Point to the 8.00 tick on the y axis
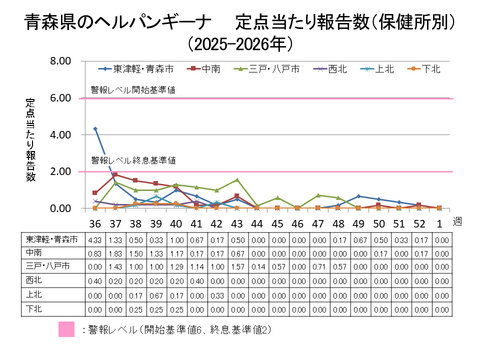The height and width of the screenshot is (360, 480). [55, 61]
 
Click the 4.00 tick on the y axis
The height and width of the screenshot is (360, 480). [55, 135]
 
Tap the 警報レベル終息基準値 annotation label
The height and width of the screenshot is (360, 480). [134, 160]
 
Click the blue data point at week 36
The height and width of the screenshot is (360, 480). [95, 128]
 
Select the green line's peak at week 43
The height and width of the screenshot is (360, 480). [237, 180]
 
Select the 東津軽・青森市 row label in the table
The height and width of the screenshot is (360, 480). [50, 241]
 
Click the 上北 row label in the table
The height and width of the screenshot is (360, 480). [50, 295]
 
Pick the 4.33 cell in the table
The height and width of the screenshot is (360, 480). [95, 241]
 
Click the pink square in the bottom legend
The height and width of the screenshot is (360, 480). [66, 329]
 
